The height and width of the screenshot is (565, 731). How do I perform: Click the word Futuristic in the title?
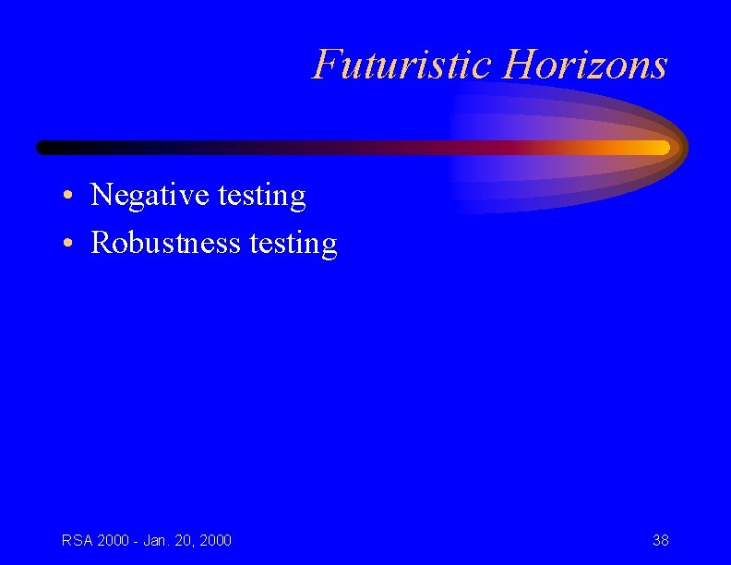(403, 65)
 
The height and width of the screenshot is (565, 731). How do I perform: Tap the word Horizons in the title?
(585, 65)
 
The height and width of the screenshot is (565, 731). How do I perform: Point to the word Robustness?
(166, 243)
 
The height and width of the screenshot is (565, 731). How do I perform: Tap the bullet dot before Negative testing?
(69, 197)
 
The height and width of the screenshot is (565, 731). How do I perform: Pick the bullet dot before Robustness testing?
(69, 244)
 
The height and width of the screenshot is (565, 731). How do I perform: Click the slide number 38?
(660, 540)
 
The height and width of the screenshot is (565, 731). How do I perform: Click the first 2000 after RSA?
(112, 540)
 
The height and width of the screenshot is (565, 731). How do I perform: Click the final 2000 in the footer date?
(214, 540)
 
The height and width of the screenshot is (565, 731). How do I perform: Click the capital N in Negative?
(101, 196)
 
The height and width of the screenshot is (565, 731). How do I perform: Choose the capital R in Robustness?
(101, 243)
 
